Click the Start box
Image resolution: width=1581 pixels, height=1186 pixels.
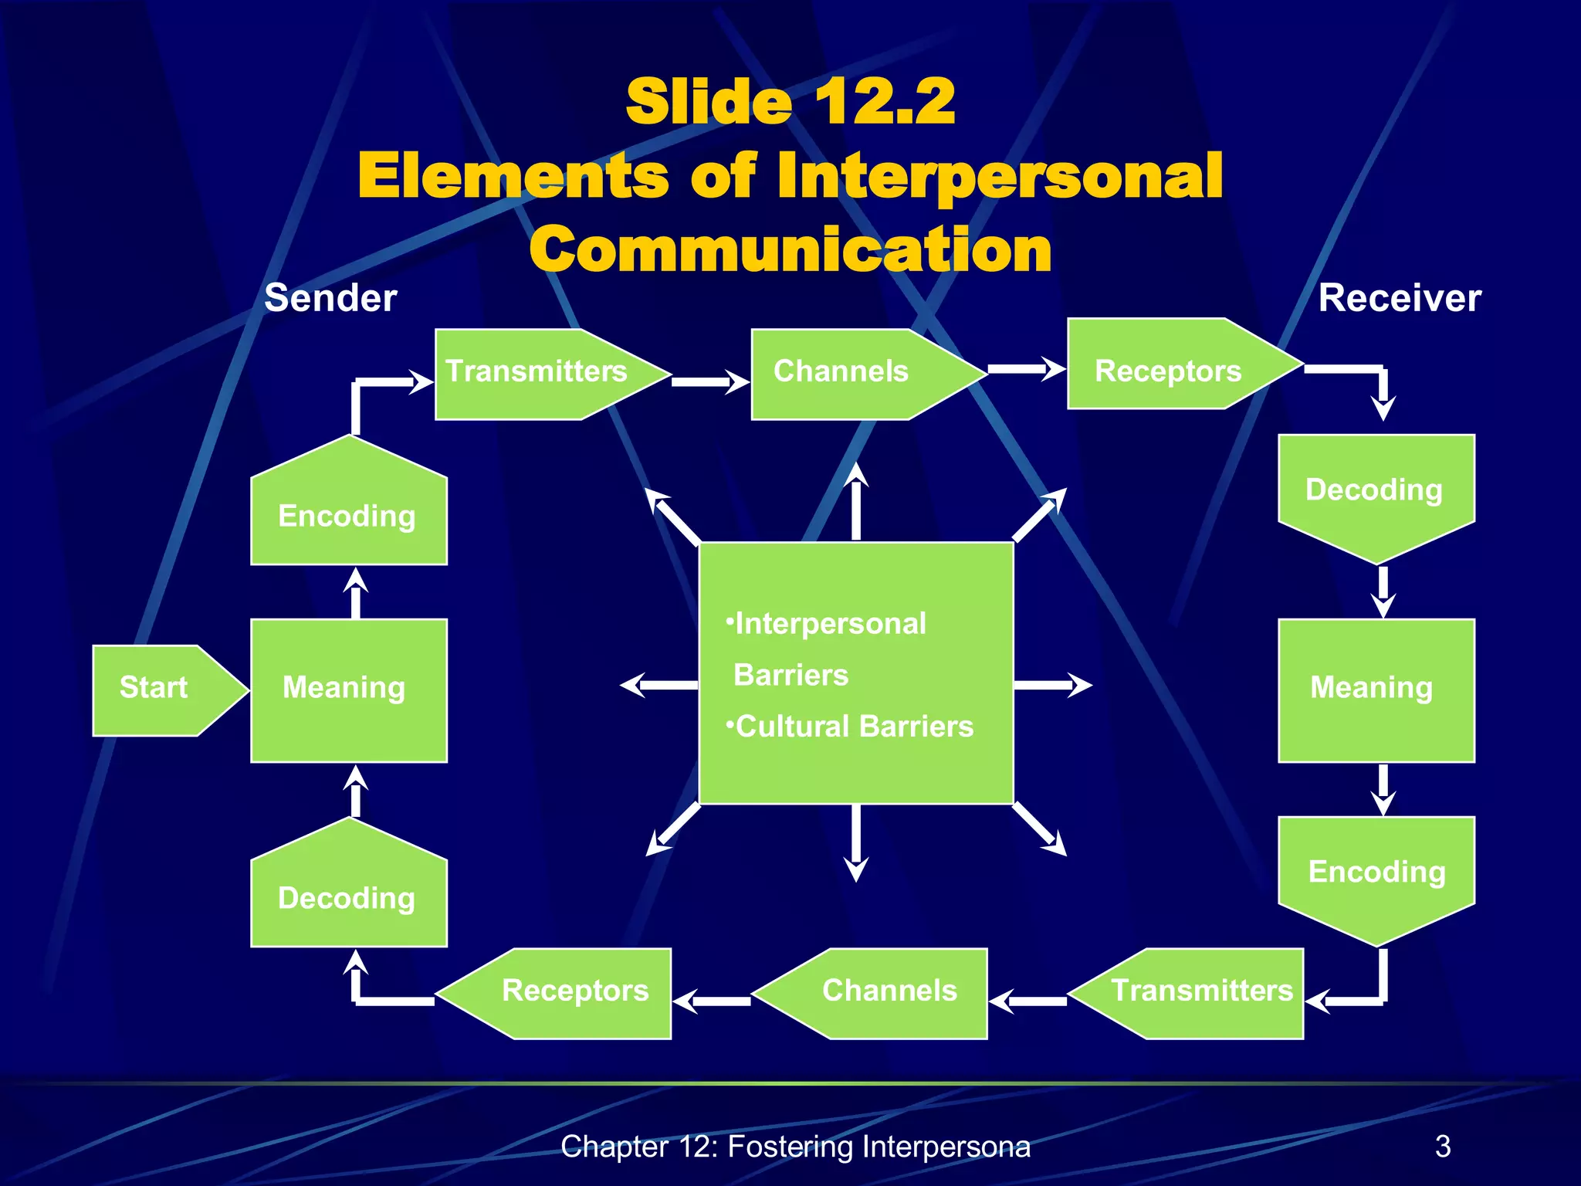pos(154,690)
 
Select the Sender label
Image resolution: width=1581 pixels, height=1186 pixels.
pos(330,298)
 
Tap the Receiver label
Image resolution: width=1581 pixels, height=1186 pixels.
pos(1399,298)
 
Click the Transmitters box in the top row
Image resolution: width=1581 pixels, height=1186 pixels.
pos(537,374)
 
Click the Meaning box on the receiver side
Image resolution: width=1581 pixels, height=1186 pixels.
pos(1376,690)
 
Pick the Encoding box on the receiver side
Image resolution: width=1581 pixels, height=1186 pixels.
pos(1376,873)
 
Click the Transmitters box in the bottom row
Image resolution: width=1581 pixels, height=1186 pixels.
pos(1201,992)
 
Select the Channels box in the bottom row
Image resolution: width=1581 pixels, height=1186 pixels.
pos(888,992)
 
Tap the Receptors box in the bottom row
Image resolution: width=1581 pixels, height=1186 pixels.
pos(574,992)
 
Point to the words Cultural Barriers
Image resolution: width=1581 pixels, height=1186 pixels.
pos(854,727)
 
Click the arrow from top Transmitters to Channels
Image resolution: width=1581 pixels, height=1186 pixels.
pos(709,381)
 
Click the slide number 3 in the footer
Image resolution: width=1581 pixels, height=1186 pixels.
pos(1442,1147)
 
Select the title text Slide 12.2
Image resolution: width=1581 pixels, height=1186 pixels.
pos(790,102)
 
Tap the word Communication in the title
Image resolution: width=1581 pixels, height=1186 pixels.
pos(790,250)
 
